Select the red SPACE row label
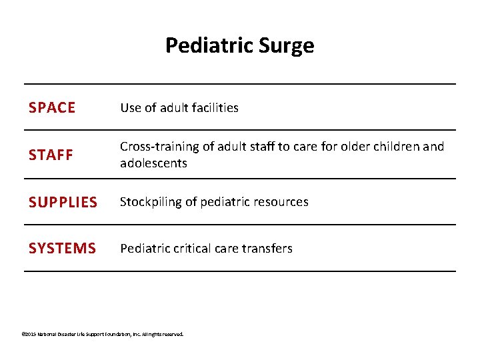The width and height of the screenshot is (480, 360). click(52, 108)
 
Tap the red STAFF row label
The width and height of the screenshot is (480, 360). click(51, 155)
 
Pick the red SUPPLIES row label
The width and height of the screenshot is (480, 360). click(63, 202)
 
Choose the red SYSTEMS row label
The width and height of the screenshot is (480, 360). click(62, 249)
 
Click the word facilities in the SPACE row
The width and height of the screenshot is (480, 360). click(214, 108)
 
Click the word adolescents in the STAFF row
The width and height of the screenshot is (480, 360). click(153, 163)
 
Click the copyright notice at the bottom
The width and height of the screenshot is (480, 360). click(102, 334)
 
